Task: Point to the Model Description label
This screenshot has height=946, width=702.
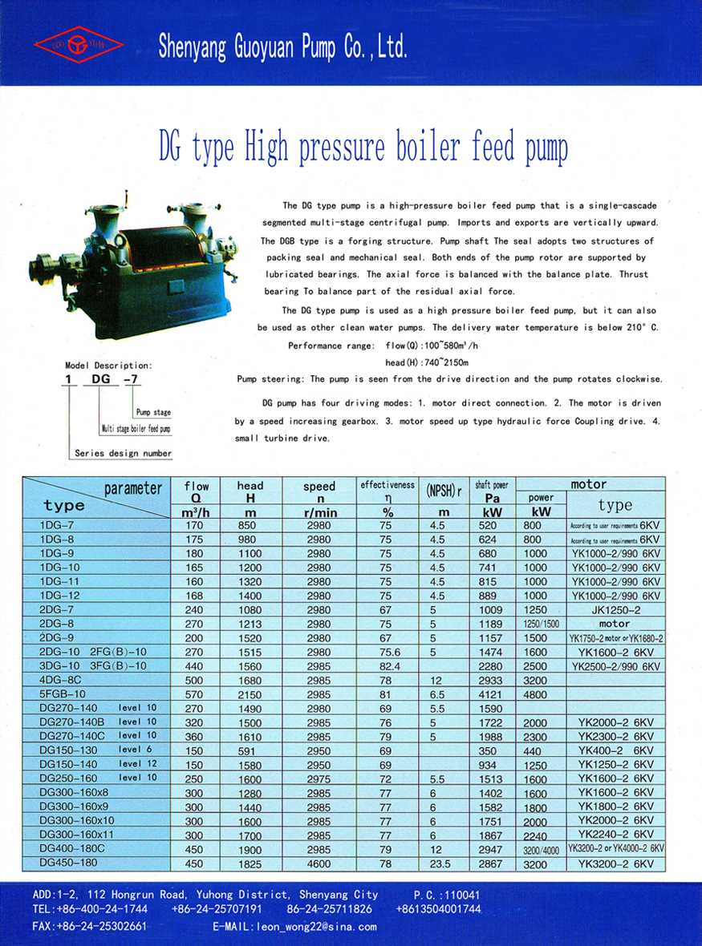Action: click(x=108, y=366)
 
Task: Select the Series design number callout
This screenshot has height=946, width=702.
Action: click(x=123, y=453)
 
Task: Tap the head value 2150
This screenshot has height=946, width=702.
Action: click(x=250, y=693)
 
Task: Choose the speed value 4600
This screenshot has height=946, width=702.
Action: click(x=319, y=863)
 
